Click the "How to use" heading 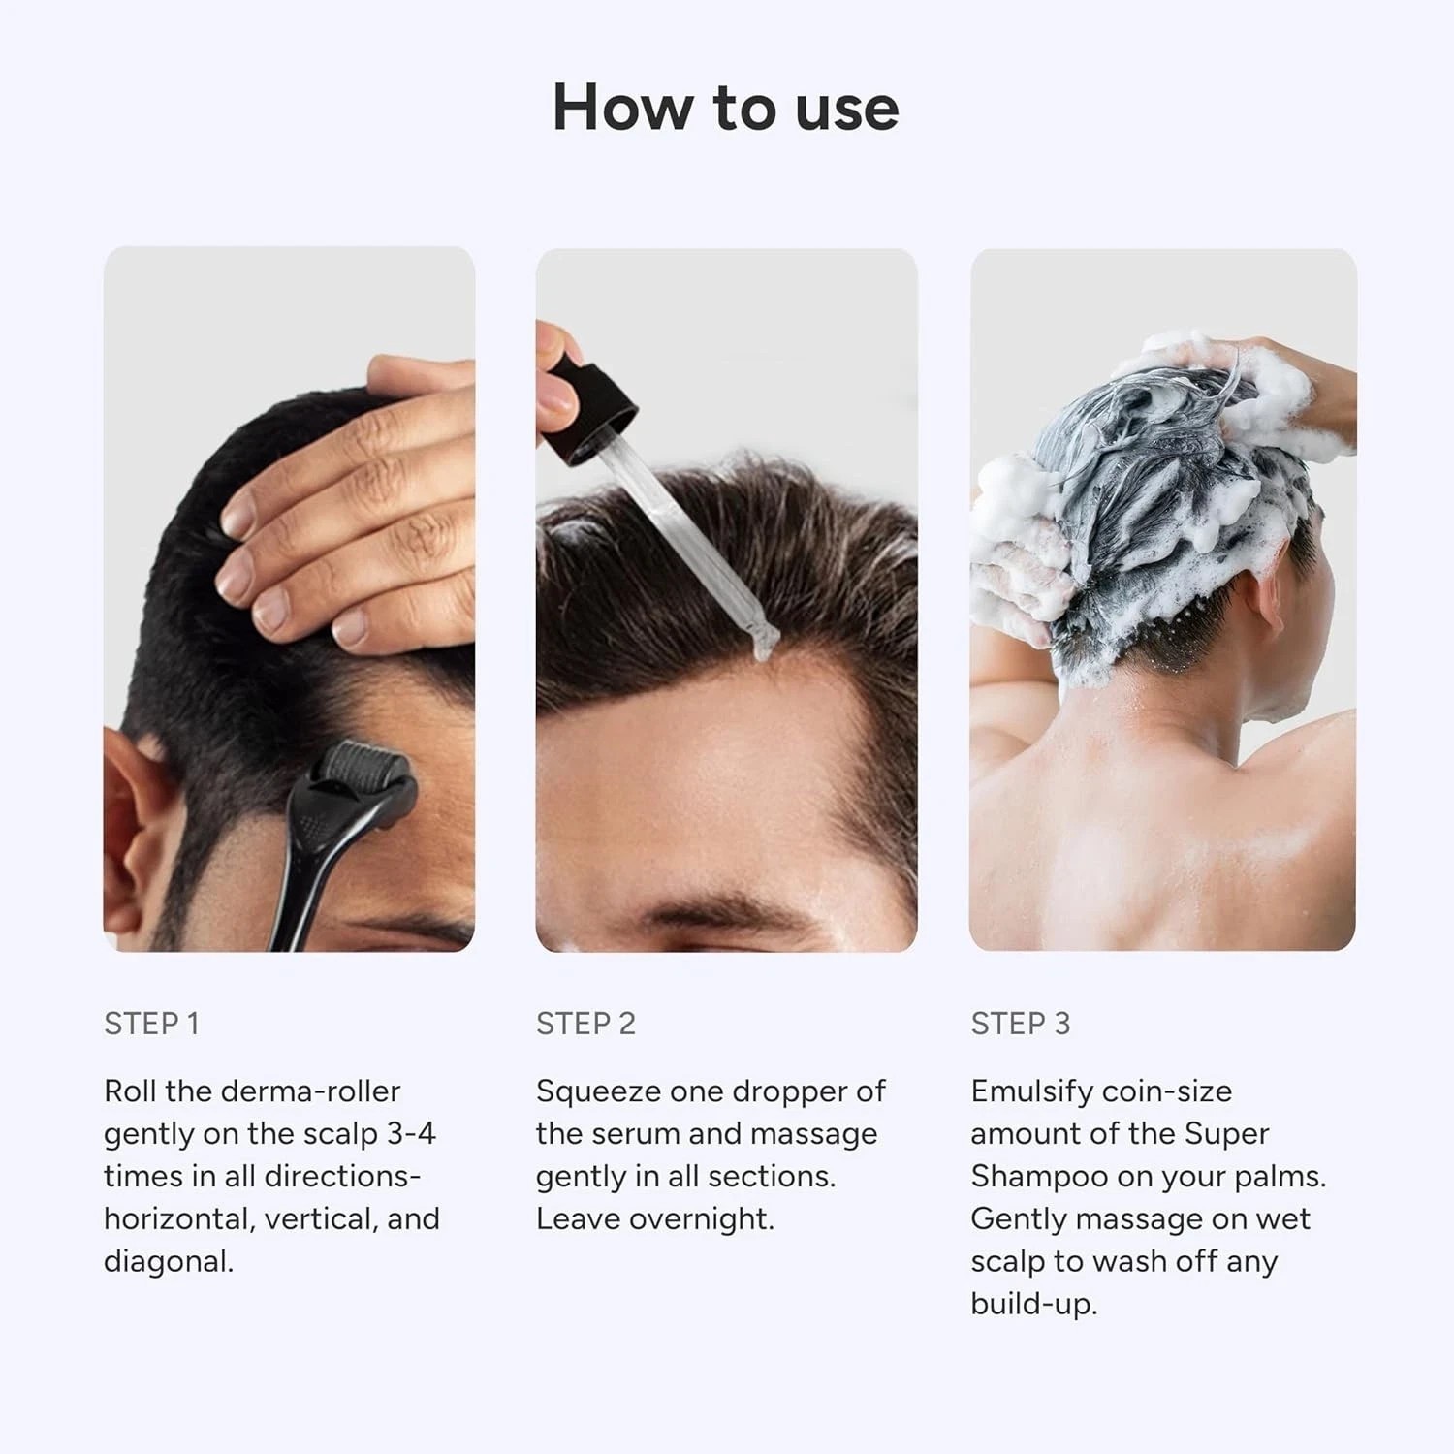pyautogui.click(x=725, y=107)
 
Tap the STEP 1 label pyautogui.click(x=151, y=1024)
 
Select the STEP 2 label pyautogui.click(x=585, y=1024)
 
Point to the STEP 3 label pyautogui.click(x=1021, y=1024)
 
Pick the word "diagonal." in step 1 pyautogui.click(x=169, y=1262)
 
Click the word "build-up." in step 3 pyautogui.click(x=1034, y=1305)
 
